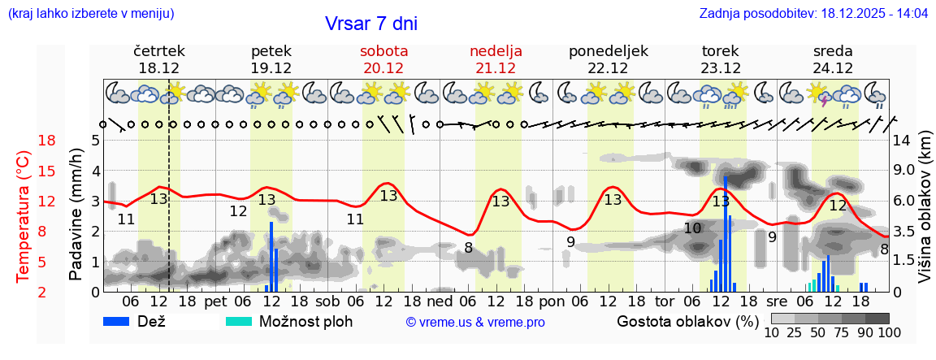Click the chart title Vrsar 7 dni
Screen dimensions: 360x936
371,24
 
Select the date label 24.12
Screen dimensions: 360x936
833,68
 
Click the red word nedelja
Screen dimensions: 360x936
496,51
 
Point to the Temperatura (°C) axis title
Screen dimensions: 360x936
24,217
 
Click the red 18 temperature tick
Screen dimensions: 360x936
24,141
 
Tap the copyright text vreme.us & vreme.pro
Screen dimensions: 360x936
475,323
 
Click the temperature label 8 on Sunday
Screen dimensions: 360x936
468,247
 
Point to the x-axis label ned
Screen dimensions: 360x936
445,301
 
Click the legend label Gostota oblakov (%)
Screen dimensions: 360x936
687,321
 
